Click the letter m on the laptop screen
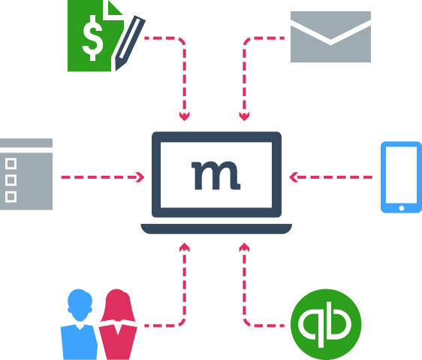[216, 175]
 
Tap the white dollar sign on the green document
[92, 38]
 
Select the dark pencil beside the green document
[130, 43]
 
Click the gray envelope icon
[330, 37]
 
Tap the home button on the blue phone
[402, 208]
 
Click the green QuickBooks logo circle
[326, 324]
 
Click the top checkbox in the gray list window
[11, 164]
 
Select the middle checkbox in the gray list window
[11, 180]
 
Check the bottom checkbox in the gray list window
[11, 197]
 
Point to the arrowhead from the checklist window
[140, 177]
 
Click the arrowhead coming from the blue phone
[293, 177]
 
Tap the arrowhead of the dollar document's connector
[185, 117]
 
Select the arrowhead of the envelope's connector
[244, 117]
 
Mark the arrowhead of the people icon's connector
[185, 247]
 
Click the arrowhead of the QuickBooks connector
[244, 247]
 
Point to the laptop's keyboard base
[216, 228]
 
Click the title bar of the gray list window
[26, 143]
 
